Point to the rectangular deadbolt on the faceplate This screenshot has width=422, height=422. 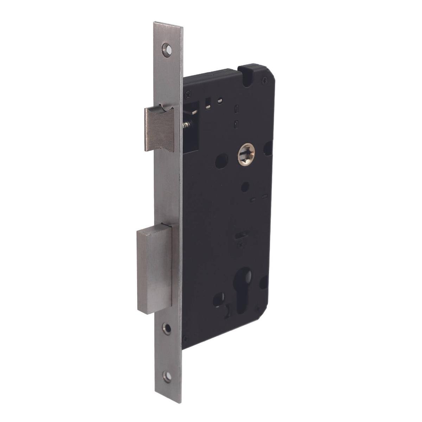154,268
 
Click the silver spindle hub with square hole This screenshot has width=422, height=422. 244,153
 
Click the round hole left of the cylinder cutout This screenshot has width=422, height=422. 220,296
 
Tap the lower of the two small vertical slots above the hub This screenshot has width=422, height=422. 236,123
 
